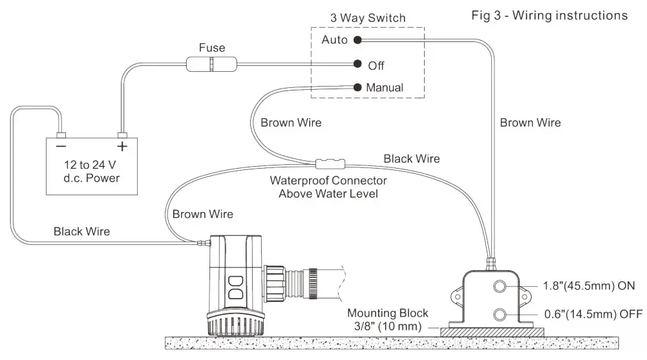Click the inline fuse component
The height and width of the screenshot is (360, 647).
[211, 65]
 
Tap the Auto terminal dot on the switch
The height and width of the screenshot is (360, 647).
[357, 40]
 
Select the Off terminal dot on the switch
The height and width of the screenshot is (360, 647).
[357, 65]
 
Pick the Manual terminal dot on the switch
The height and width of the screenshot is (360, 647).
[357, 87]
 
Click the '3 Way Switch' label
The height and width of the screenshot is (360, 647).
[367, 18]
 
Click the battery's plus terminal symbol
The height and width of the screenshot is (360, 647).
[122, 146]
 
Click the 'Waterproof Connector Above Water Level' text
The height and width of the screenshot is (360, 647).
[328, 187]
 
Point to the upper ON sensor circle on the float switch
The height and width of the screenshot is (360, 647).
[500, 286]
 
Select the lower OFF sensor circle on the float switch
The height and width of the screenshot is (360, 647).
[500, 315]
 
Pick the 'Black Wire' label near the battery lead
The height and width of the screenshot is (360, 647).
[81, 231]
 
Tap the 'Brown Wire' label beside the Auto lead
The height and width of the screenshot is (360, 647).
[530, 122]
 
